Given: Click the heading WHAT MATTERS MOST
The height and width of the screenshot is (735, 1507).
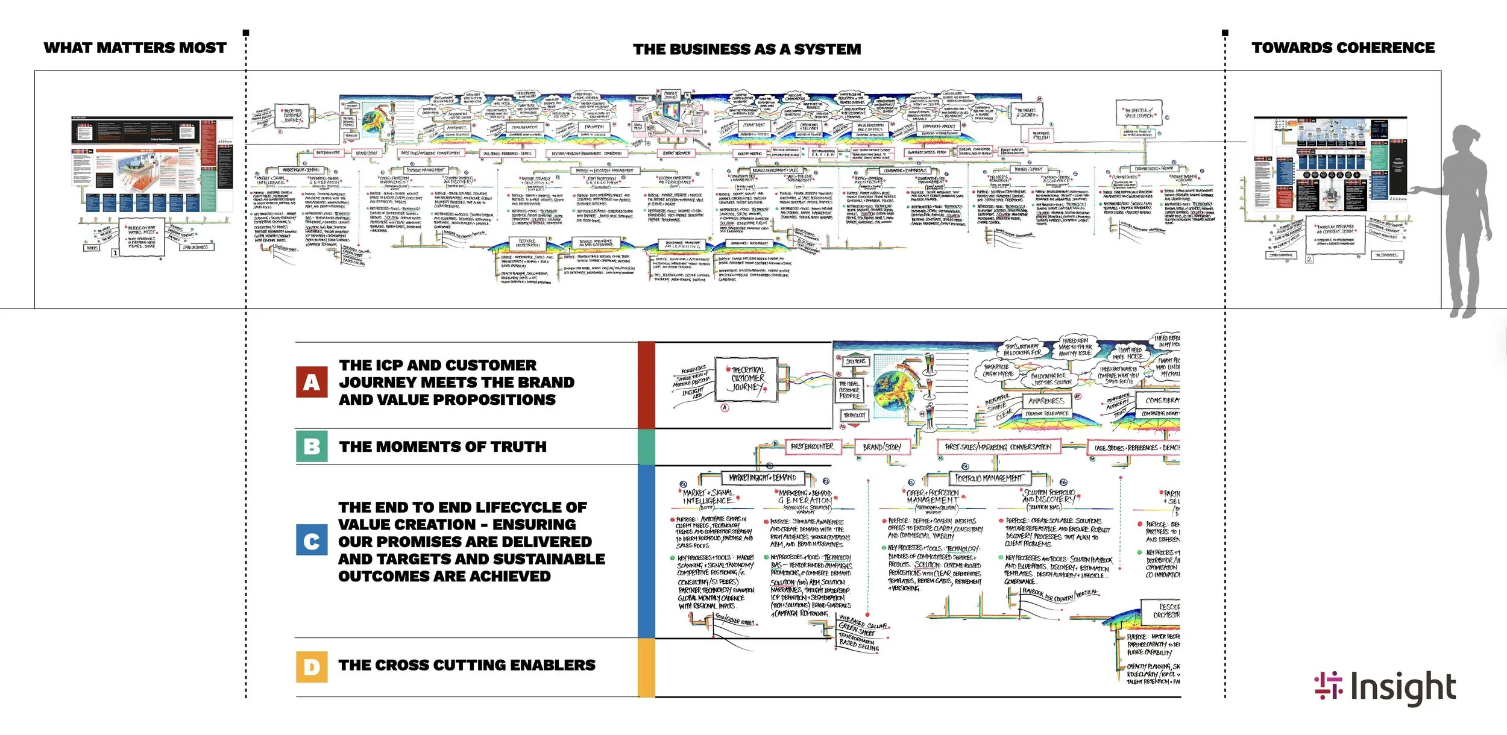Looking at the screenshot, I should [135, 48].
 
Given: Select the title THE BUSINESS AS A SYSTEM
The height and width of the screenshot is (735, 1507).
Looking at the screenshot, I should [747, 49].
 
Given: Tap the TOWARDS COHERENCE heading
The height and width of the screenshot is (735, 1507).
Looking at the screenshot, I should [1343, 48].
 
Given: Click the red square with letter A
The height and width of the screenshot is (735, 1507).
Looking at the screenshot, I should [312, 383].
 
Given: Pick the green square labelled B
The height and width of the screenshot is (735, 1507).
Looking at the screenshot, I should [312, 446].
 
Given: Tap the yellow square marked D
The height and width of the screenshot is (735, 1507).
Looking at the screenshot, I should [312, 666].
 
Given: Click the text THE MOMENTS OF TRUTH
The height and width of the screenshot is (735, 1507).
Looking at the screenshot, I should [442, 447].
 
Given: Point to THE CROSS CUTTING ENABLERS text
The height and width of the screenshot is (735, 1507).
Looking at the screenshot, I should [467, 665].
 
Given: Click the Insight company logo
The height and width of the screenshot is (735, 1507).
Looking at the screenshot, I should [1385, 687].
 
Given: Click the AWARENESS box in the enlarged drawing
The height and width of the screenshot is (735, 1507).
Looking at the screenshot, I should [1046, 401].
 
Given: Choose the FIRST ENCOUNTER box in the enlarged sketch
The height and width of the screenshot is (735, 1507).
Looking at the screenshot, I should [811, 446].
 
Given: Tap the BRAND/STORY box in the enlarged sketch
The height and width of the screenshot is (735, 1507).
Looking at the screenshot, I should [881, 447].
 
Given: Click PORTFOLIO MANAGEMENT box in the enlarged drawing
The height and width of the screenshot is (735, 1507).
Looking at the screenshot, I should [989, 478].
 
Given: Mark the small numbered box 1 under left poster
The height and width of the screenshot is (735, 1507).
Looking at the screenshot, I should [115, 253].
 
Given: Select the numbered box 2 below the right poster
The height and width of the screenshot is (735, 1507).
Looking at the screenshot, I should [1309, 259].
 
